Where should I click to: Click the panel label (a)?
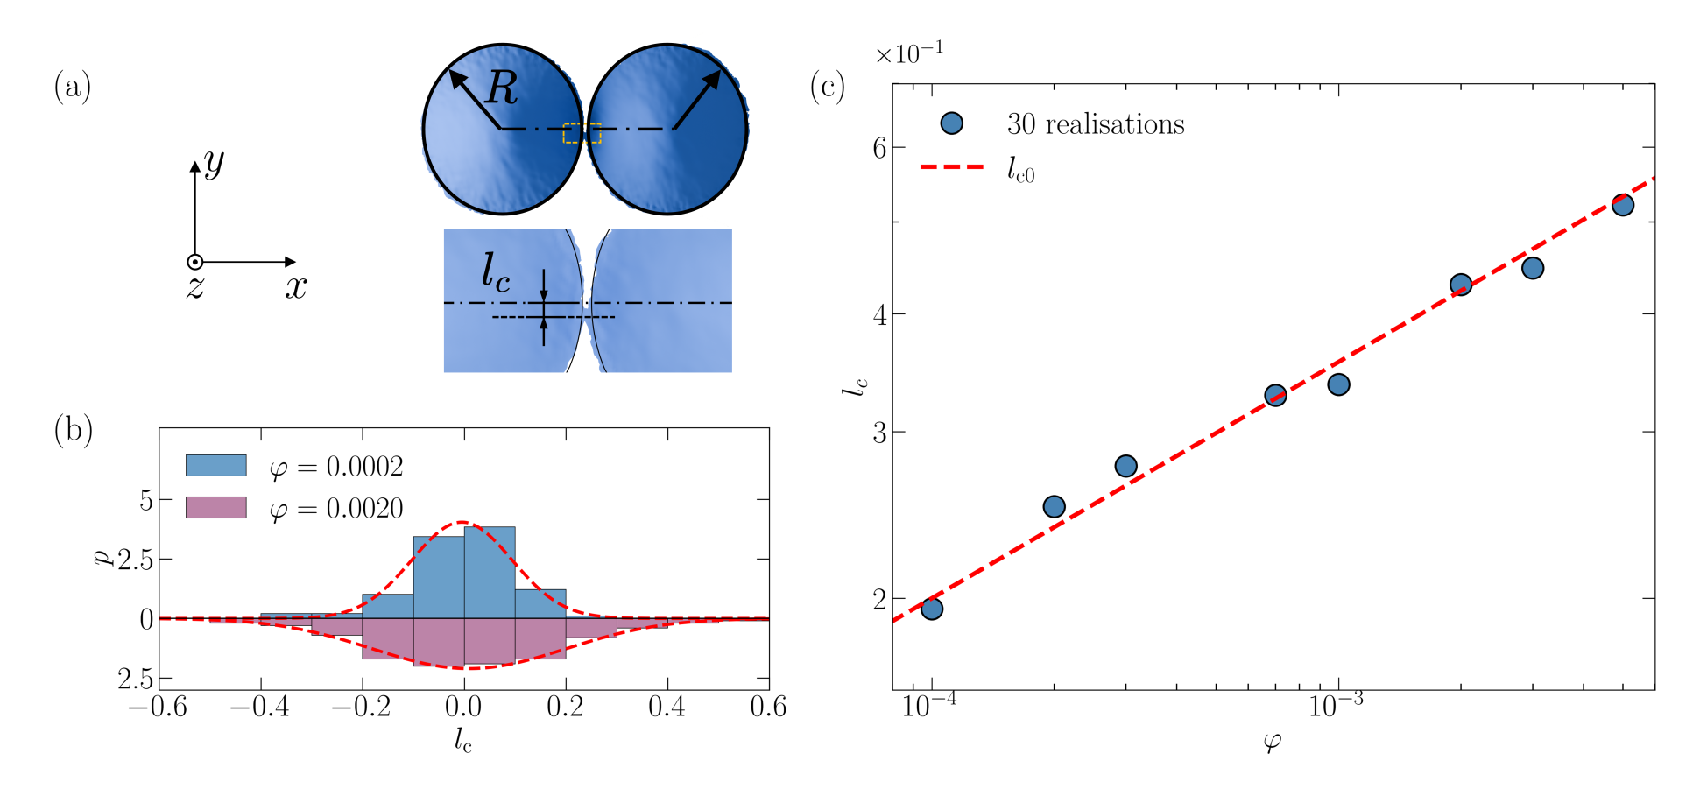click(x=73, y=87)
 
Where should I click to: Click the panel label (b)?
click(x=74, y=430)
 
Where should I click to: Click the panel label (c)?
click(x=828, y=87)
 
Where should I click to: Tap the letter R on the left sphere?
click(x=502, y=88)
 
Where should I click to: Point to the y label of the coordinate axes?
click(x=214, y=162)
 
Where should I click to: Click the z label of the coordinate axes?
click(x=195, y=287)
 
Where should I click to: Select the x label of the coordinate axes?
click(x=296, y=287)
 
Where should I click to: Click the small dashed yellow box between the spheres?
click(x=582, y=133)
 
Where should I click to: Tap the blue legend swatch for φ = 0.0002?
click(x=215, y=465)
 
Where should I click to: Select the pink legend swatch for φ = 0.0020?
click(x=215, y=508)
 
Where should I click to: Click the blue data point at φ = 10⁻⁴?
click(x=932, y=609)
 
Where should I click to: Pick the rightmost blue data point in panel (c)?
click(x=1623, y=205)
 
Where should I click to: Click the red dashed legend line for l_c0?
click(x=952, y=166)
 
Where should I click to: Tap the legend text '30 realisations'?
click(x=1095, y=124)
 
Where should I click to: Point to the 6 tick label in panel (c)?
click(x=879, y=148)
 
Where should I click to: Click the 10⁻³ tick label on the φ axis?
click(x=1337, y=705)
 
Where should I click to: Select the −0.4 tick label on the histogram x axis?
click(x=260, y=707)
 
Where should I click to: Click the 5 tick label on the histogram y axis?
click(x=145, y=500)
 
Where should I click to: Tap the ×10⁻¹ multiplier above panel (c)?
click(x=909, y=54)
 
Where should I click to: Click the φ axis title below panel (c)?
click(x=1273, y=743)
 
